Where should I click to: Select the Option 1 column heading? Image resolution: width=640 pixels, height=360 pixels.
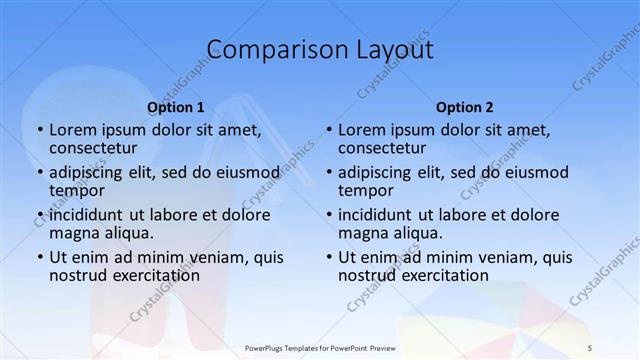175,107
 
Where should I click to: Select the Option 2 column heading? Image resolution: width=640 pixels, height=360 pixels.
464,107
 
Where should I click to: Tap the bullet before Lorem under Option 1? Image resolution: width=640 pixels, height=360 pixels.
40,130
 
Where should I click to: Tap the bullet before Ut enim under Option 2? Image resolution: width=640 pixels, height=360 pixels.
329,257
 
